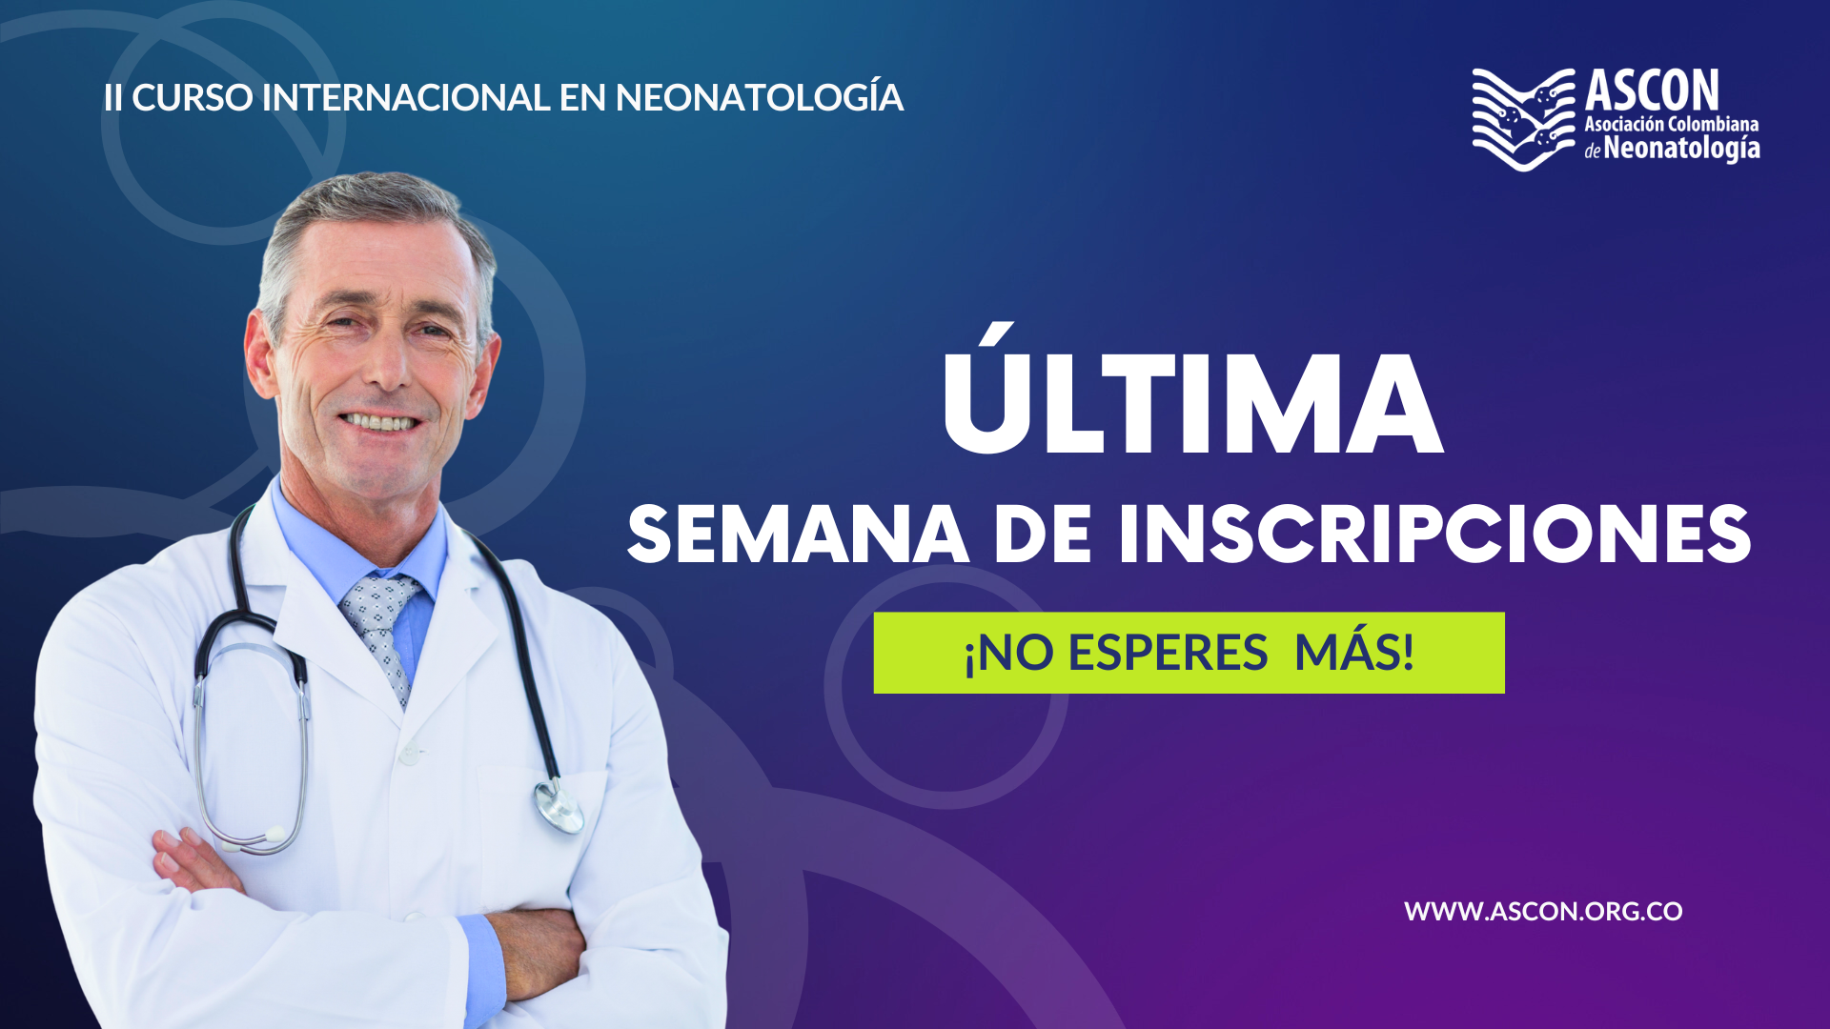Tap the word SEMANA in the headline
[799, 535]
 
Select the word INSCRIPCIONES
[1435, 535]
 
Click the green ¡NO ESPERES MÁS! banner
[1189, 653]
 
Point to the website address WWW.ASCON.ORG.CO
[1543, 912]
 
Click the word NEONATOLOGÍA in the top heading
[760, 97]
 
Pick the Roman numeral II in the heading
[112, 98]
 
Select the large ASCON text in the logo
[1653, 91]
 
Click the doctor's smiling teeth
[380, 421]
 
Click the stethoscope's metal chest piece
[559, 806]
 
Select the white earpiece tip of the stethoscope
[274, 835]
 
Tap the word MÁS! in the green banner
[1354, 653]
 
